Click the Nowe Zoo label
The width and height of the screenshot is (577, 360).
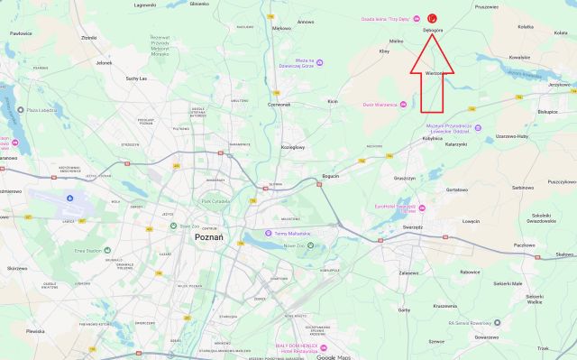click(296, 245)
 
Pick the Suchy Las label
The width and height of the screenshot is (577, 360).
click(138, 78)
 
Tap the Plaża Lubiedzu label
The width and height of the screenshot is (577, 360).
click(43, 111)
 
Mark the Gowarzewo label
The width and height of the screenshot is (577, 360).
click(485, 337)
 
